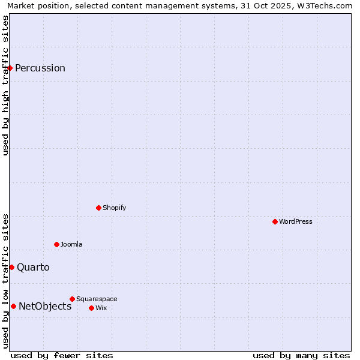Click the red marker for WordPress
[275, 221]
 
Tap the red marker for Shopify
[98, 208]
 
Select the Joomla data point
[56, 244]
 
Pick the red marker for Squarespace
[72, 299]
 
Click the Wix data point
[91, 308]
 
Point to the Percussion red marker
[10, 68]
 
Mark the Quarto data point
[11, 267]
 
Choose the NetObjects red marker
[13, 306]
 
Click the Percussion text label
[40, 68]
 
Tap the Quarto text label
[33, 267]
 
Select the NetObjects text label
[45, 306]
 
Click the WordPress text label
[296, 221]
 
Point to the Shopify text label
[115, 208]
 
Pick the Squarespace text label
[97, 299]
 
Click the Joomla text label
[71, 244]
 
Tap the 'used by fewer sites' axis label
[62, 355]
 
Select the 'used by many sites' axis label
[301, 355]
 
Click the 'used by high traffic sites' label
[5, 85]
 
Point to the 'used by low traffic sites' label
[5, 281]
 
